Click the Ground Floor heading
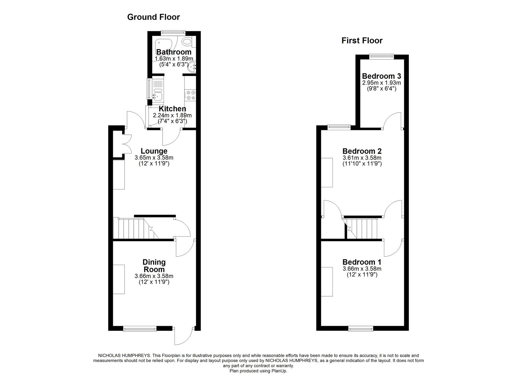pos(153,17)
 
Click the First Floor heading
pos(362,41)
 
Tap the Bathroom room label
pos(173,52)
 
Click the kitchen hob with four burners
pos(190,95)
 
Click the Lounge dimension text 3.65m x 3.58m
pos(154,158)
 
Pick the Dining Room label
pos(154,266)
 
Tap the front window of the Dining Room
pos(140,328)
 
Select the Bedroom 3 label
pos(382,76)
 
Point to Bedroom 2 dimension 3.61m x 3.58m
pos(362,158)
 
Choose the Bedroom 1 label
pos(362,262)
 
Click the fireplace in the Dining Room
pos(119,279)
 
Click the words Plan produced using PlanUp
pos(258,371)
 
